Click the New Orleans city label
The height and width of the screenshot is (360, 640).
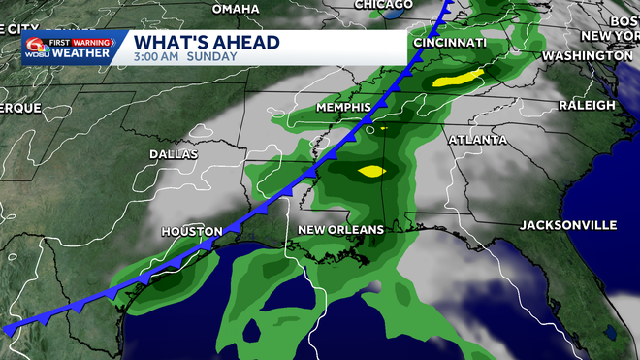pyautogui.click(x=340, y=229)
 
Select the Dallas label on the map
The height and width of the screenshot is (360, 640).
pyautogui.click(x=174, y=154)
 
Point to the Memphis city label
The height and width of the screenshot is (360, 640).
pyautogui.click(x=344, y=106)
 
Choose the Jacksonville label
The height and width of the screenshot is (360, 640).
pyautogui.click(x=568, y=225)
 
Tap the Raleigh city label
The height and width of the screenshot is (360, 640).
pyautogui.click(x=587, y=104)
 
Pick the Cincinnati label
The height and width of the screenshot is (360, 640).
pyautogui.click(x=449, y=44)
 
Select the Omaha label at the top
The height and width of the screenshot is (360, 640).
pyautogui.click(x=236, y=9)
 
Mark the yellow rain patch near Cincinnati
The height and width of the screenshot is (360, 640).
pyautogui.click(x=458, y=77)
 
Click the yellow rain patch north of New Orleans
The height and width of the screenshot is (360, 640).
pyautogui.click(x=370, y=172)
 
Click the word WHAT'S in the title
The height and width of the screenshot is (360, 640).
pyautogui.click(x=166, y=42)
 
